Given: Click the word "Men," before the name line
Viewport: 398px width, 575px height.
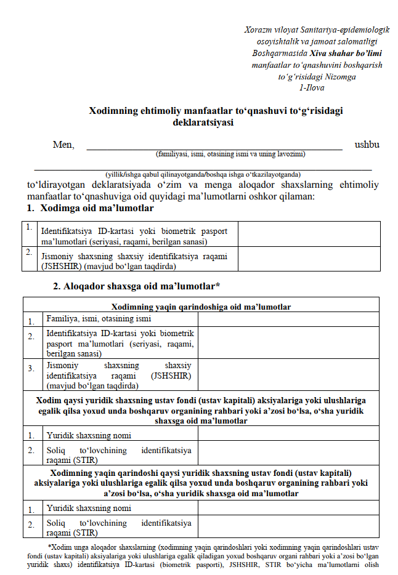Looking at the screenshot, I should [63, 145].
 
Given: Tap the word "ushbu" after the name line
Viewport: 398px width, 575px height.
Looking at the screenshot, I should [367, 145].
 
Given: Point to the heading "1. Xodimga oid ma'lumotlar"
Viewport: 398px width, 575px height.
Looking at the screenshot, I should [90, 208].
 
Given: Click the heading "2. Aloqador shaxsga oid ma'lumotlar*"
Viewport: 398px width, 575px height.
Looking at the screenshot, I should [137, 286].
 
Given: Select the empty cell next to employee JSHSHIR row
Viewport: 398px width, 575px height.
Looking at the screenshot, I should [309, 259].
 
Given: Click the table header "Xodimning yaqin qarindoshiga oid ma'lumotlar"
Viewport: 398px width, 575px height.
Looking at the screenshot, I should [201, 306].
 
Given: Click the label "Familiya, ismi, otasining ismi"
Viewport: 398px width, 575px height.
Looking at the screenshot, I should [99, 320].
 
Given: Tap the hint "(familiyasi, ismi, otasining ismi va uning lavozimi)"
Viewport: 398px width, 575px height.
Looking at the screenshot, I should [230, 154].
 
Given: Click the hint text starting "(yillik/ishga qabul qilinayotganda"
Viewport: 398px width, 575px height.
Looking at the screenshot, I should [203, 174].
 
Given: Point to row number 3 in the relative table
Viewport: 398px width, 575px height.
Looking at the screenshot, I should [31, 368].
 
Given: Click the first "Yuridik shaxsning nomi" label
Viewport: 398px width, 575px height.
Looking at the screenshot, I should [89, 435].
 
